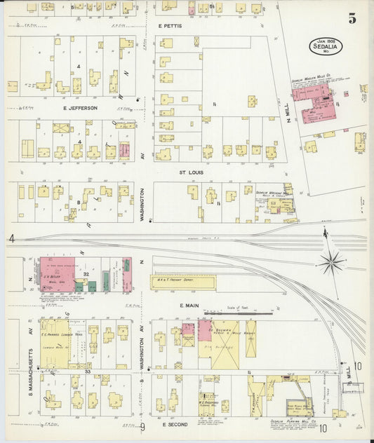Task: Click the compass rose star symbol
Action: [331, 263]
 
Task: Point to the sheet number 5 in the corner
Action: [352, 18]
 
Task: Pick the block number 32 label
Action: [86, 273]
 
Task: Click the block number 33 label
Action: [88, 371]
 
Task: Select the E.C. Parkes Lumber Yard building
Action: [55, 343]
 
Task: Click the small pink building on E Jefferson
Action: [125, 150]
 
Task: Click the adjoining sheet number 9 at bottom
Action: [141, 426]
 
